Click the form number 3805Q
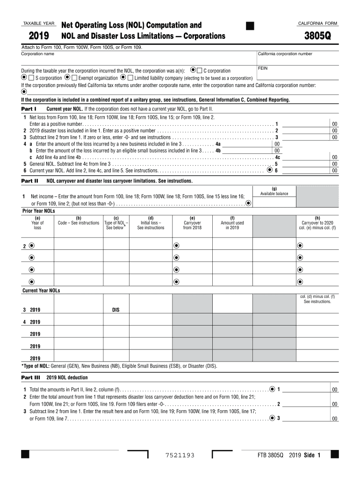[318, 36]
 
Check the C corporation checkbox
[200, 71]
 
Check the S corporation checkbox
[31, 78]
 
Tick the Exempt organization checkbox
[74, 78]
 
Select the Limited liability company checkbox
[130, 78]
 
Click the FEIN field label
[263, 68]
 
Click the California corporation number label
[285, 54]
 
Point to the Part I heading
[29, 109]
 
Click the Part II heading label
[29, 181]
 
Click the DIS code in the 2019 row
[116, 310]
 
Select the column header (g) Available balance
[274, 191]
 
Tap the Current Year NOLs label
[41, 290]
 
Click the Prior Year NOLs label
[39, 211]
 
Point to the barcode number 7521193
[180, 455]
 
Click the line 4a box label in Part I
[218, 145]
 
